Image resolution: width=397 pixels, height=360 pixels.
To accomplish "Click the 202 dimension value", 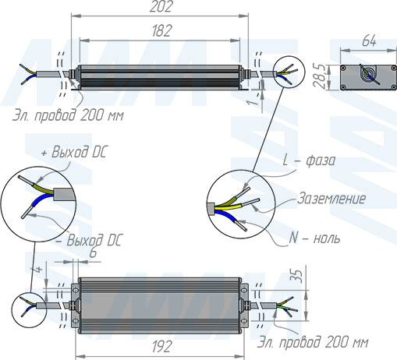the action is click(161, 6).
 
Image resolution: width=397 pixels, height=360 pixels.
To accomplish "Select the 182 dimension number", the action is click(161, 30).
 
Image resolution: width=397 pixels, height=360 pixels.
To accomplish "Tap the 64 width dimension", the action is click(369, 41).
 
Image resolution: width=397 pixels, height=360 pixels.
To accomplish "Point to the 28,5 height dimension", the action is click(320, 76).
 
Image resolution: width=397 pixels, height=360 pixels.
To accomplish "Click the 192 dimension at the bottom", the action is click(161, 347).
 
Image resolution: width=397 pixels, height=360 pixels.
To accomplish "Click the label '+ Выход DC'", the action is click(74, 152).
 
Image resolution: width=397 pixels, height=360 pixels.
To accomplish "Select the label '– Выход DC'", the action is click(89, 240).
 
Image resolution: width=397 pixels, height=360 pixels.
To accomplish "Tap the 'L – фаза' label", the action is click(309, 161).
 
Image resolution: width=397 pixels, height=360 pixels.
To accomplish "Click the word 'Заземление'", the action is click(331, 199).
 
